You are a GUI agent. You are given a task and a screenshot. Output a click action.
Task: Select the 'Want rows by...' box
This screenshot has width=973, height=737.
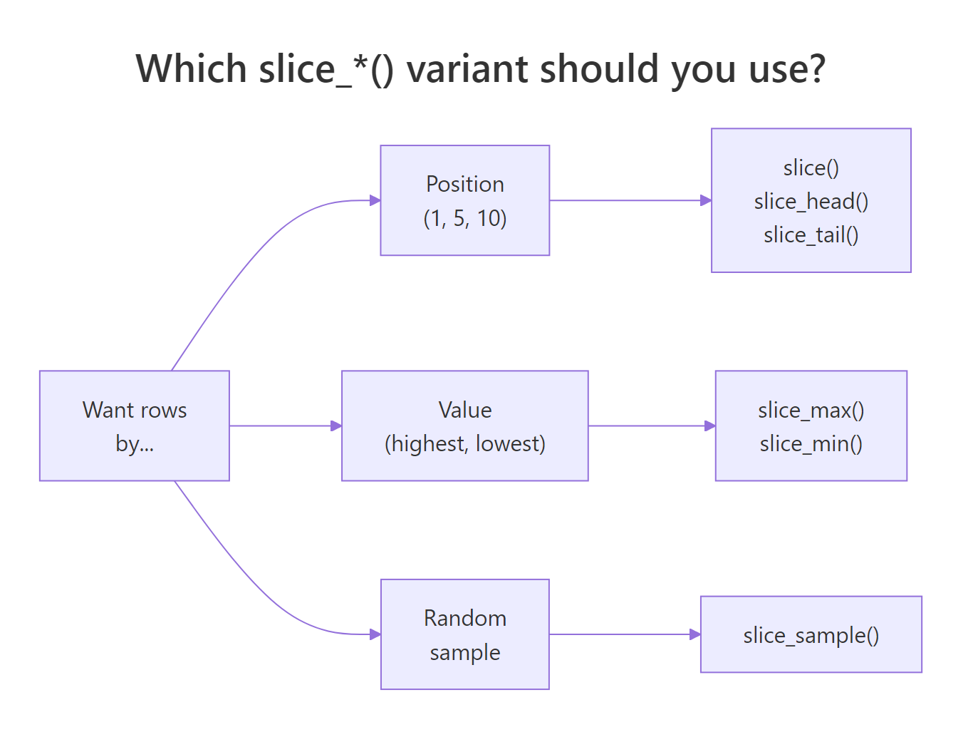coord(135,426)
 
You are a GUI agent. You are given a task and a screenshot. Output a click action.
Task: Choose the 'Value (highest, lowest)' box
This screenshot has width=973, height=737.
coord(464,426)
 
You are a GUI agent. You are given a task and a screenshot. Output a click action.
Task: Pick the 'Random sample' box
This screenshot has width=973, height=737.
coord(464,634)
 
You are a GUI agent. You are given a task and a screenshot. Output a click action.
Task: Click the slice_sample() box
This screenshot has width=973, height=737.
coord(811,634)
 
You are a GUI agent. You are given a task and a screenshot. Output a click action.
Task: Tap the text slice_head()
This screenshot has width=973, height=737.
coord(811,202)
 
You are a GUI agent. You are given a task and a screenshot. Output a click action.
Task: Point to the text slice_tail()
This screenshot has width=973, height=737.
coord(811,235)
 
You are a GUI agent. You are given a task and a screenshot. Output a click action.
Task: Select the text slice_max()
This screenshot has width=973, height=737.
coord(811,410)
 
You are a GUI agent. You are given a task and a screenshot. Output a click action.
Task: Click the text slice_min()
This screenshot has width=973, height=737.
coord(811,444)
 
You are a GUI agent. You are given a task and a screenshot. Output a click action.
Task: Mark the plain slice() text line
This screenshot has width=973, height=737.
coord(811,168)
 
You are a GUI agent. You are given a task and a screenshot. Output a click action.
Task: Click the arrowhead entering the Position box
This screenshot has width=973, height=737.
coord(375,200)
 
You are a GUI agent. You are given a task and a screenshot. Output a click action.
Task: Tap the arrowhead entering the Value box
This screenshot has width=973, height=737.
coord(337,426)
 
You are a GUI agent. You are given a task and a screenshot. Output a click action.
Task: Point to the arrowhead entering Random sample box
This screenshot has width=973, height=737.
coord(375,634)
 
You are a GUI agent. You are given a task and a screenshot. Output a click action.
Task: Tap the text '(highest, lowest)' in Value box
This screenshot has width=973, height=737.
coord(464,444)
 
